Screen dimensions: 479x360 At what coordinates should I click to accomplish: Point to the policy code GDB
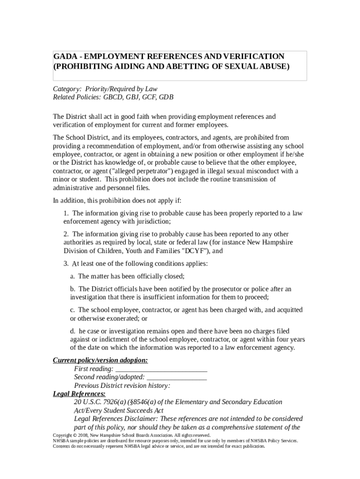(x=166, y=98)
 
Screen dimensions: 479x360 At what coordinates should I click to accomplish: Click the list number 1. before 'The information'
(x=66, y=213)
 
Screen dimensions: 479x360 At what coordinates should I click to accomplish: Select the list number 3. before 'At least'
(x=66, y=264)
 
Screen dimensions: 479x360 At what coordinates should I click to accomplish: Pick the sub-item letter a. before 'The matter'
(x=73, y=276)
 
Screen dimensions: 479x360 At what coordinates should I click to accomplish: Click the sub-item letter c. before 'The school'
(x=73, y=310)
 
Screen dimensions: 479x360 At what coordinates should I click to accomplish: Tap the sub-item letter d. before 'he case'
(x=73, y=331)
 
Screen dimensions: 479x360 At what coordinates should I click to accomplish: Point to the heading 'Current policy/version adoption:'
(x=100, y=360)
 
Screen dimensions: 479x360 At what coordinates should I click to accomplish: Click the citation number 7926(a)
(x=115, y=402)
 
